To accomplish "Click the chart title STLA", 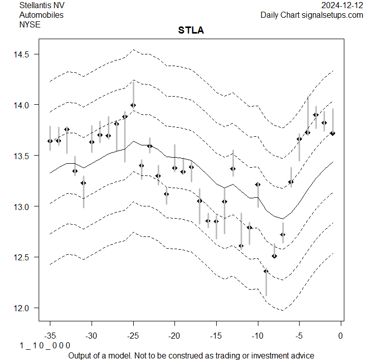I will pyautogui.click(x=191, y=31).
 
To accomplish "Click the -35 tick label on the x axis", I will pyautogui.click(x=50, y=336).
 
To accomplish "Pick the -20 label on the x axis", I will pyautogui.click(x=174, y=336).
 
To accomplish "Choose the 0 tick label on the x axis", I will pyautogui.click(x=340, y=336).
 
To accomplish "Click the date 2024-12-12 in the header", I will pyautogui.click(x=343, y=6).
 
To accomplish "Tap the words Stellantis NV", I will pyautogui.click(x=42, y=6).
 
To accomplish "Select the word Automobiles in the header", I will pyautogui.click(x=41, y=15).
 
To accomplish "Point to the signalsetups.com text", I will pyautogui.click(x=333, y=15).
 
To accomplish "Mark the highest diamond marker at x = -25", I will pyautogui.click(x=133, y=105).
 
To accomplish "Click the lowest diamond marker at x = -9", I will pyautogui.click(x=266, y=271).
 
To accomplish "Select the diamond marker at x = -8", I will pyautogui.click(x=275, y=256).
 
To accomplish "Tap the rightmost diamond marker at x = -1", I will pyautogui.click(x=333, y=133).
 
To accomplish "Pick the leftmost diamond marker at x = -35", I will pyautogui.click(x=50, y=141).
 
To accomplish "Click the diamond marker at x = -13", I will pyautogui.click(x=233, y=169).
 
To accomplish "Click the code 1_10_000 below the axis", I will pyautogui.click(x=45, y=346).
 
